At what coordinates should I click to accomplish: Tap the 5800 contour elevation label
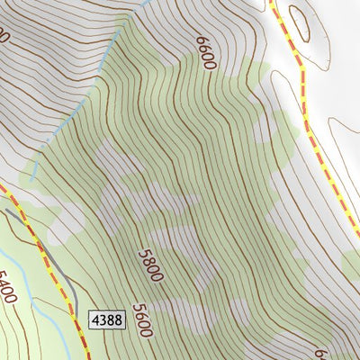pyautogui.click(x=150, y=265)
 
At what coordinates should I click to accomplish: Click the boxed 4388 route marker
pyautogui.click(x=106, y=319)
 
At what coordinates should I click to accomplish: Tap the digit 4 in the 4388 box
pyautogui.click(x=95, y=319)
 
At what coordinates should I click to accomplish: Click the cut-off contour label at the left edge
pyautogui.click(x=4, y=36)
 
